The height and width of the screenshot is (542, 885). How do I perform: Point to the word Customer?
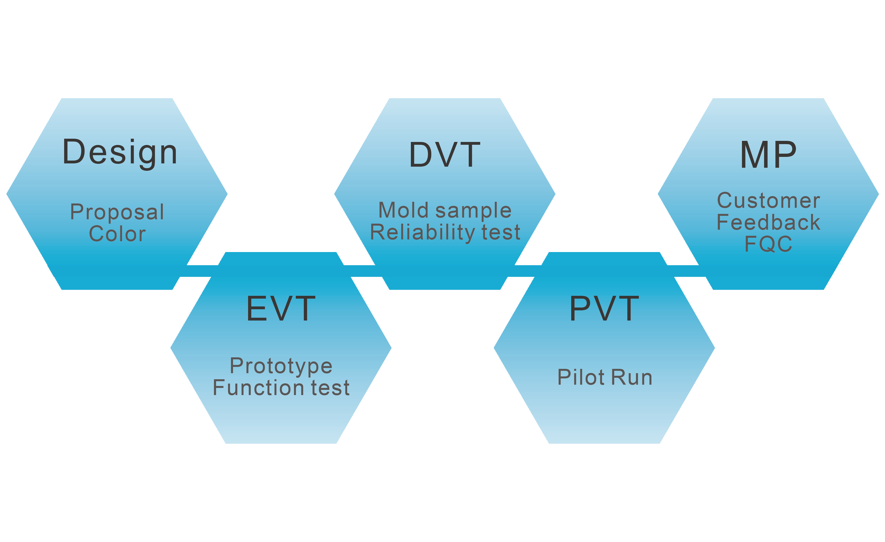point(768,200)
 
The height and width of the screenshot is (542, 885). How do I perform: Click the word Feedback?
point(768,222)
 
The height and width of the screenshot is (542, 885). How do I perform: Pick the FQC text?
point(768,244)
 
